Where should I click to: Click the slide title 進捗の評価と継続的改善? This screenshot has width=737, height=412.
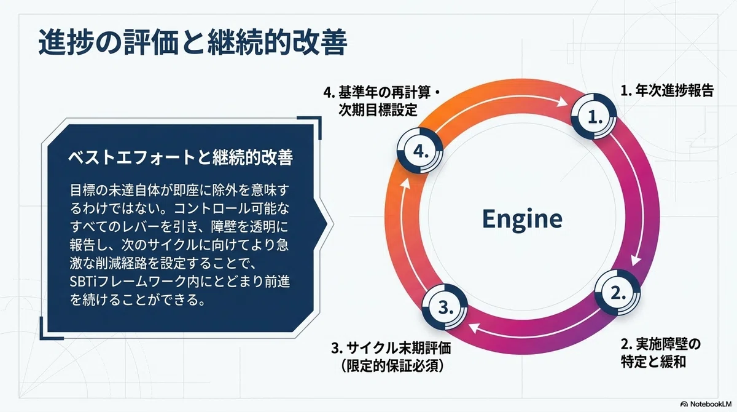click(193, 43)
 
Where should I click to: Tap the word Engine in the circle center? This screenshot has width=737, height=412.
click(522, 219)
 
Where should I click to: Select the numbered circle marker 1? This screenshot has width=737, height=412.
click(594, 116)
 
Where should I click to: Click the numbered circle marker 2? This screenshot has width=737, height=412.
click(618, 293)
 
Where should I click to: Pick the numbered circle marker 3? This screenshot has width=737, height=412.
click(445, 307)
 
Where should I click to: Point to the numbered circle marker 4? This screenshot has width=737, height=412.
click(420, 151)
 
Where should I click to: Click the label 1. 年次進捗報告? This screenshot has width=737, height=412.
click(666, 90)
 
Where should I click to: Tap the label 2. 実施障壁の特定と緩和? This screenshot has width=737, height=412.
click(661, 353)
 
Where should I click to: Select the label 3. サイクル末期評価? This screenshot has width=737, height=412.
click(391, 349)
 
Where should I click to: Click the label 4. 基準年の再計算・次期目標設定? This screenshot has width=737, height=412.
click(381, 101)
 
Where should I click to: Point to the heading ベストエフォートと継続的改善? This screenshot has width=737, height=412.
click(181, 157)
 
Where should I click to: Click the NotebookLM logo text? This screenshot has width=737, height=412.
click(706, 404)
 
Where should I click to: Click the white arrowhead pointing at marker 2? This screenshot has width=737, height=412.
click(636, 260)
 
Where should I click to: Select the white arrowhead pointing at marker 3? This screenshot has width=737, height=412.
click(474, 328)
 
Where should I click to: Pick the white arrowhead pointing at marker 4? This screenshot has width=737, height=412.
click(405, 183)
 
